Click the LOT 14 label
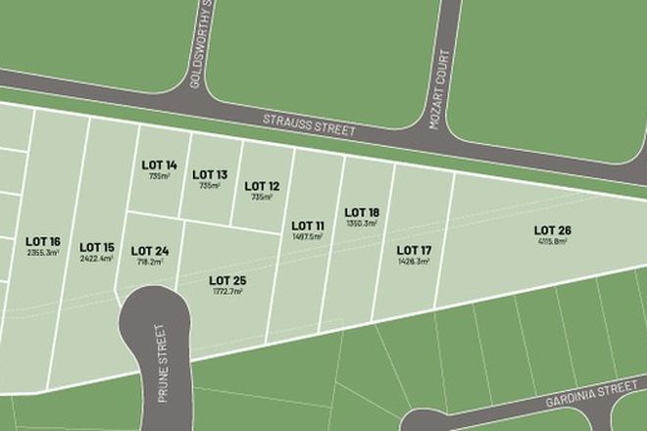(x=159, y=165)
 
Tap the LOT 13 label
(x=209, y=173)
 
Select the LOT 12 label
(x=262, y=185)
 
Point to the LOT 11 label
(x=308, y=225)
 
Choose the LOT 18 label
(x=362, y=212)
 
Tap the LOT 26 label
(x=552, y=230)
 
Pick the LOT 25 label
(x=226, y=280)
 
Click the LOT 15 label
(x=97, y=247)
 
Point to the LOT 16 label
(x=43, y=241)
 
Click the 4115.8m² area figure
(x=552, y=241)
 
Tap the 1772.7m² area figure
(x=226, y=291)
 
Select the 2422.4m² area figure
(x=97, y=258)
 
